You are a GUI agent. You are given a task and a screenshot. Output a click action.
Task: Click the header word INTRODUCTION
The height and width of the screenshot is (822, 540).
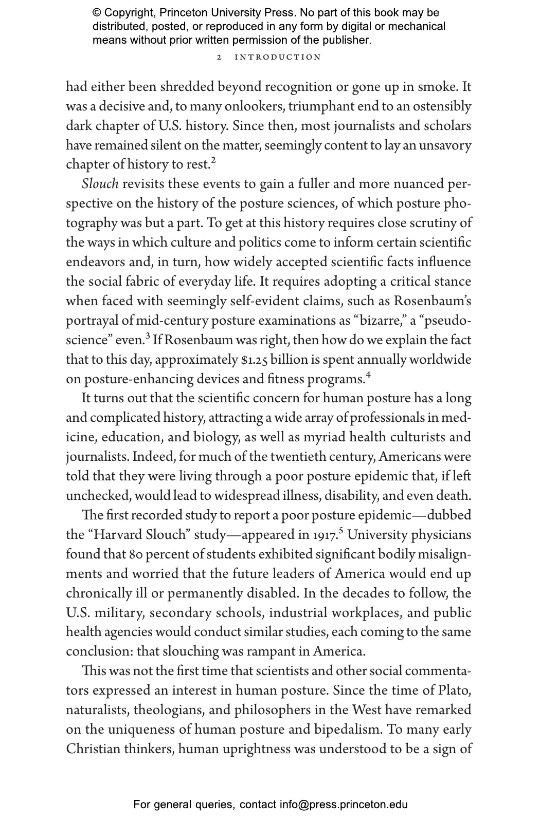(x=278, y=57)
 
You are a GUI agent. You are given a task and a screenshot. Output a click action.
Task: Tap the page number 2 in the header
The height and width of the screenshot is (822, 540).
(x=220, y=57)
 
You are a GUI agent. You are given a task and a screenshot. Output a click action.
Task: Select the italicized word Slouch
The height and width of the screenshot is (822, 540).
(x=100, y=184)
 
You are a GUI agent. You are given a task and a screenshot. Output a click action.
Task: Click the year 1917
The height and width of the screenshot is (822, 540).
(x=325, y=535)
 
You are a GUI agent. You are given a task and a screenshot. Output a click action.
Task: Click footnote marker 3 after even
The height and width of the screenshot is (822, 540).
(x=148, y=336)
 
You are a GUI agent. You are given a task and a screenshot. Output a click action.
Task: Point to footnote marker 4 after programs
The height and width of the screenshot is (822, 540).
(x=368, y=375)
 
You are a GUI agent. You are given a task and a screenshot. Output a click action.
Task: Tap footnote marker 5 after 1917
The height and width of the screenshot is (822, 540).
(x=341, y=531)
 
